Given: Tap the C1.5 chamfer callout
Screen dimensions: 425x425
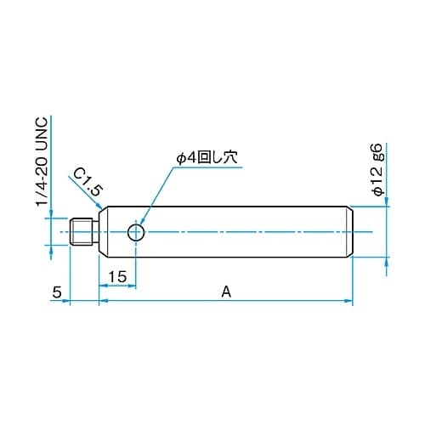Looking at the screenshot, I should tap(84, 181).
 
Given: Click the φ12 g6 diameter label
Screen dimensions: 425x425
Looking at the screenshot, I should tap(378, 171).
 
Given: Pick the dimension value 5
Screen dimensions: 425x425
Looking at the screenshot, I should tap(57, 292).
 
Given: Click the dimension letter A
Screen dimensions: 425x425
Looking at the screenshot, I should tap(225, 292).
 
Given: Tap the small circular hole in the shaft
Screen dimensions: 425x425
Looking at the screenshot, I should tap(135, 232).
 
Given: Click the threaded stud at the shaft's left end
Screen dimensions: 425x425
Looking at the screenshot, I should tap(83, 232).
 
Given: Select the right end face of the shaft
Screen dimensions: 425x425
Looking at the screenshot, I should tap(352, 232).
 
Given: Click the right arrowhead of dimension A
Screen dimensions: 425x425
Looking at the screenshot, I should tap(348, 300).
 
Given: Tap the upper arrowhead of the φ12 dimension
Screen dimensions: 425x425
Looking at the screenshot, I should tap(388, 201).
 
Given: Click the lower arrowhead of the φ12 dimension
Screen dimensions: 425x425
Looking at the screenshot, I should tap(388, 262).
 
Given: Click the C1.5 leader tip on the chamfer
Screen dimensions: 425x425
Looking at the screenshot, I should tap(104, 208).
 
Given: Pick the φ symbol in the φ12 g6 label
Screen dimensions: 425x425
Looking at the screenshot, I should tap(378, 192).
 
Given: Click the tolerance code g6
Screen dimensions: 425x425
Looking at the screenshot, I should tap(378, 153).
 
